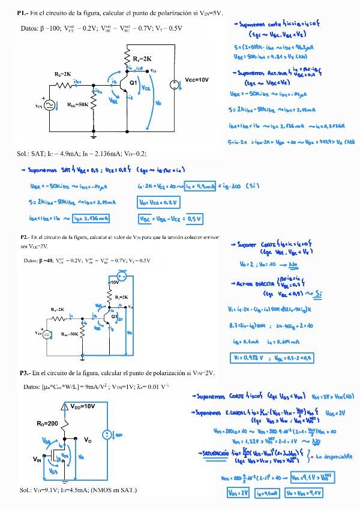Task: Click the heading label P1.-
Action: (23, 13)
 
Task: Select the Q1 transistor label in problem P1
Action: (134, 82)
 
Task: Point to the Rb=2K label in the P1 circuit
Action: (63, 73)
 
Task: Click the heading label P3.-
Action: (25, 373)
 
